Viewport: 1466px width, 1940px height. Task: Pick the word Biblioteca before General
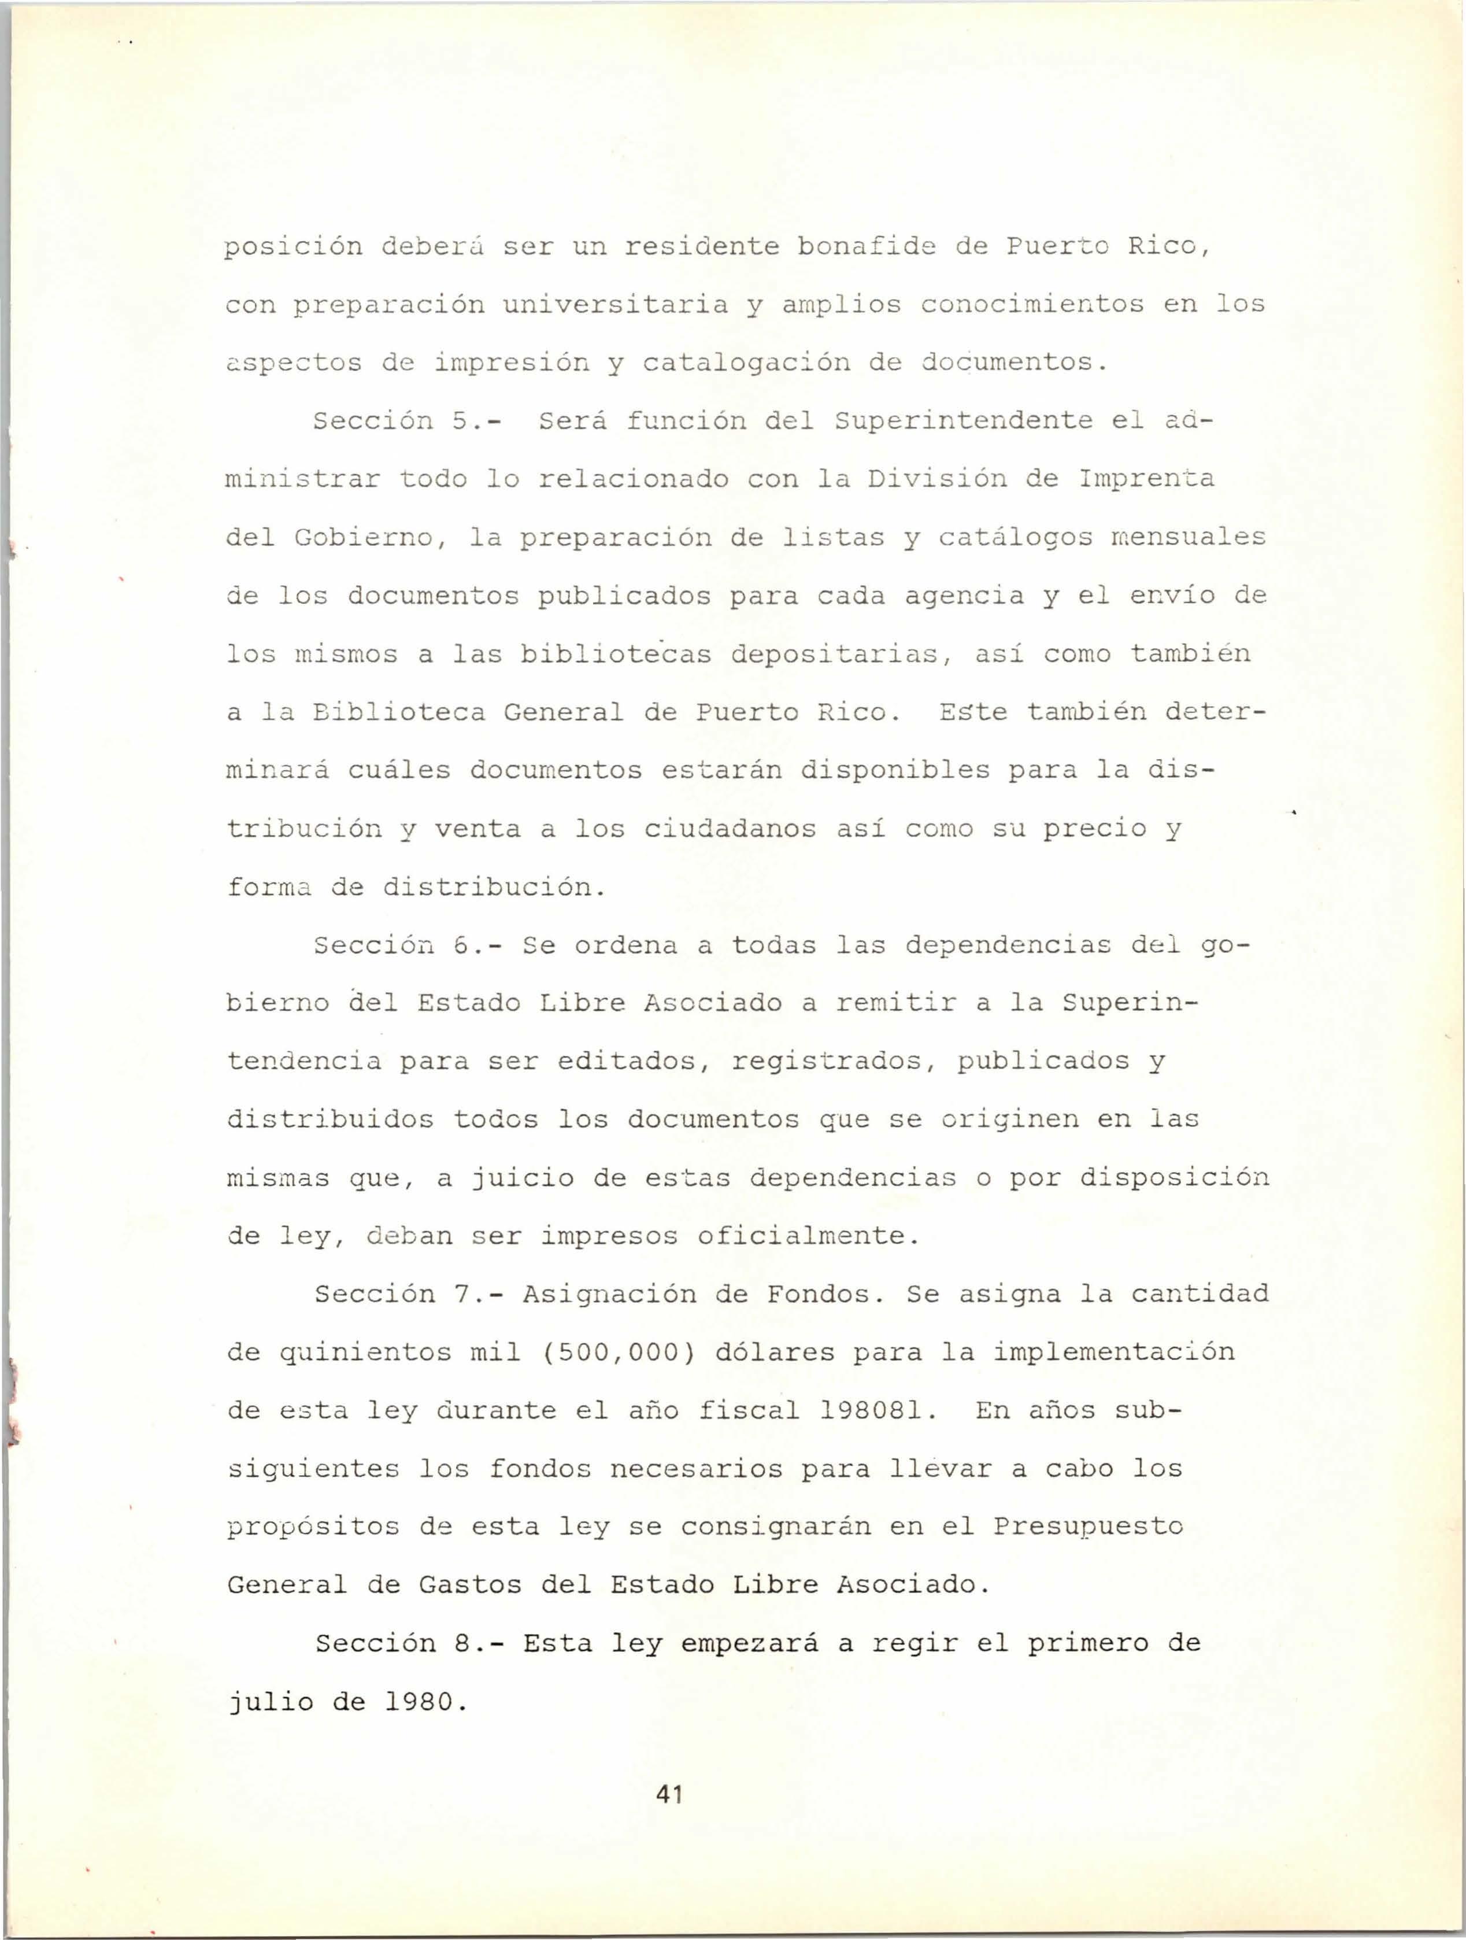(x=398, y=712)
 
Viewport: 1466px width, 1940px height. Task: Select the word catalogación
(x=746, y=363)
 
